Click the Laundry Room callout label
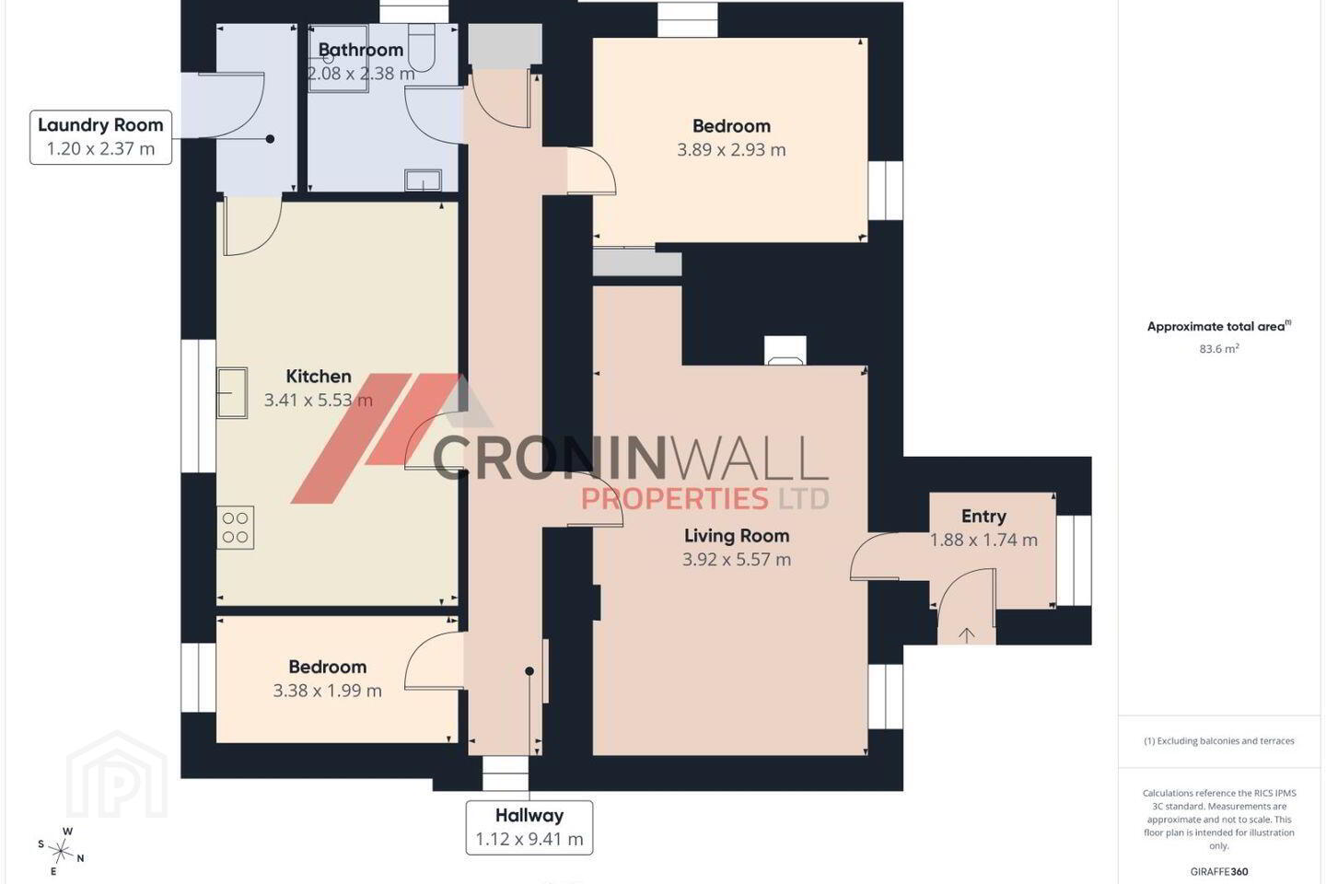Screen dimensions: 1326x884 100,137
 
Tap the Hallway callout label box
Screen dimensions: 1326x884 529,827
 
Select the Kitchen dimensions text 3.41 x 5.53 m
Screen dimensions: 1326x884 319,401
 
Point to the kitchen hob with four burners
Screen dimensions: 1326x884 235,527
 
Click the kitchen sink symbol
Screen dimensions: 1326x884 232,392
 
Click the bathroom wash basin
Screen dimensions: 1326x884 423,180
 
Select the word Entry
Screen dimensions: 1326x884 983,517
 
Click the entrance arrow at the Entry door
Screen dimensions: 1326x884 966,634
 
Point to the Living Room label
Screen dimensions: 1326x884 737,536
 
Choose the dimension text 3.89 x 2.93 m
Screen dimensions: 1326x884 731,150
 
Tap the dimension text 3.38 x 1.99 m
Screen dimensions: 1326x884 327,691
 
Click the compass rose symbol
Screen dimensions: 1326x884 61,852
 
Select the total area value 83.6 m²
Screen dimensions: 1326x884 1219,349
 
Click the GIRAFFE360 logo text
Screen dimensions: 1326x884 1219,871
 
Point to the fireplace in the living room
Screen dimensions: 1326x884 785,351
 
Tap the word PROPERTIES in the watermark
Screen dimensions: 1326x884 675,498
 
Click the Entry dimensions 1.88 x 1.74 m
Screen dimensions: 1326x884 983,540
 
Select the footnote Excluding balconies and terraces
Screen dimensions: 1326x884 1219,740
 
